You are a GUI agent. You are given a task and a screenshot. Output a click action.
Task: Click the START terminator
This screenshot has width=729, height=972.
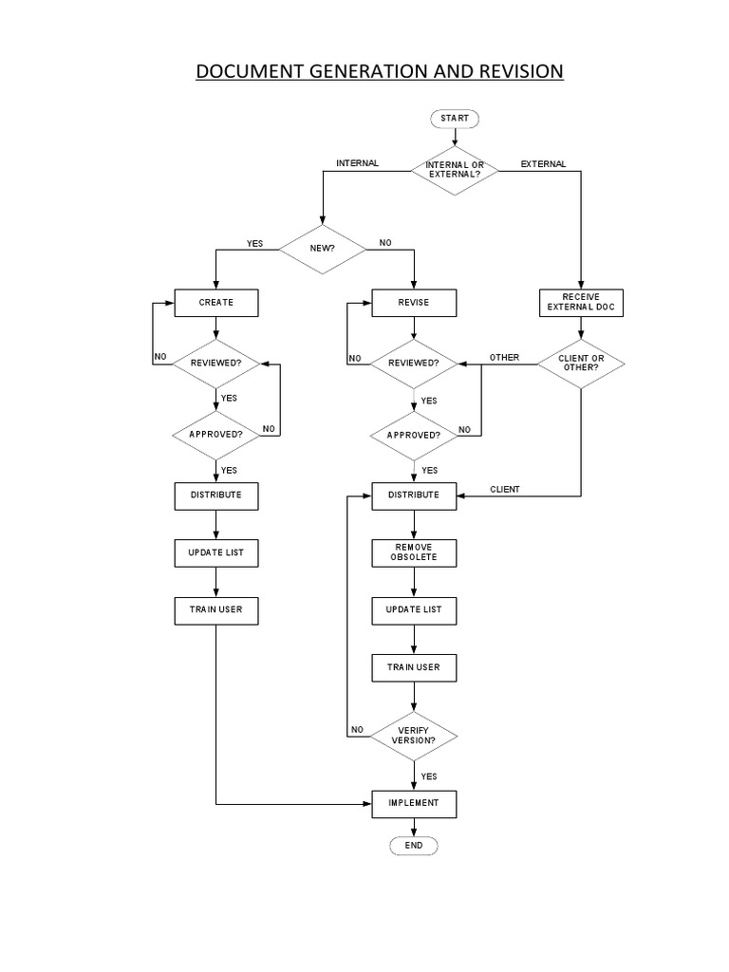(455, 119)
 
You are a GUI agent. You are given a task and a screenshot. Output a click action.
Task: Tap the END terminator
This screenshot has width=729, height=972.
(413, 845)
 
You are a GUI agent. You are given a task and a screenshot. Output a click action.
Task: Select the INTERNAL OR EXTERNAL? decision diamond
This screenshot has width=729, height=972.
(455, 170)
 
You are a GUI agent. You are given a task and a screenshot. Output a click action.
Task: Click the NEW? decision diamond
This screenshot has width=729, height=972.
(322, 249)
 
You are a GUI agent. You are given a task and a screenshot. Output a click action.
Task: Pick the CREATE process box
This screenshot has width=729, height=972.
(215, 303)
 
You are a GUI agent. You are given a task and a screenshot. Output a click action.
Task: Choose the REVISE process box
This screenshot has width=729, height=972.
(413, 303)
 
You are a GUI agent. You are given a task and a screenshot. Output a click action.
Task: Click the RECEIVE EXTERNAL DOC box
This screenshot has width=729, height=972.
(581, 303)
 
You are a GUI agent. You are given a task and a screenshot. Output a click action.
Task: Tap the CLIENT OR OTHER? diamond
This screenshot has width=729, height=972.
(581, 363)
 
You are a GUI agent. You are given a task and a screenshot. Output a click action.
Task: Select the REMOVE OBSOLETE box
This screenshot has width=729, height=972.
(413, 552)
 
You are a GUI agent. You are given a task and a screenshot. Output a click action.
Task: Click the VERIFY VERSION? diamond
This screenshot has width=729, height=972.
(413, 735)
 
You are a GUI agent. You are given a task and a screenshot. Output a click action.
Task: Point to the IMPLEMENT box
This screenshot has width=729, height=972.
(413, 803)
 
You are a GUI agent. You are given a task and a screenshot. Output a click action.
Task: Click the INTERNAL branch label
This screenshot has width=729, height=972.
(357, 163)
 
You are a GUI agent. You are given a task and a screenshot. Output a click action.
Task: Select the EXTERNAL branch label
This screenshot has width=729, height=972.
(543, 163)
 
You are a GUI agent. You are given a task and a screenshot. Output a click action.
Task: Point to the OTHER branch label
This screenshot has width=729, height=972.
(504, 357)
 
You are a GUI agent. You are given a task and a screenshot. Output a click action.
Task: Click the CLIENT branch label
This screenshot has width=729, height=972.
(505, 490)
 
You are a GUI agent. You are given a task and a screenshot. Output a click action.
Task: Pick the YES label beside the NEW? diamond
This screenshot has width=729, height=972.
(254, 244)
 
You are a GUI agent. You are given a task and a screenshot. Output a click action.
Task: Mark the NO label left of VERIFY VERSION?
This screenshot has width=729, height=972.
(357, 730)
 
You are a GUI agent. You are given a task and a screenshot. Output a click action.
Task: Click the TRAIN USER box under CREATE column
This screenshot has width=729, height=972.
(215, 609)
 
